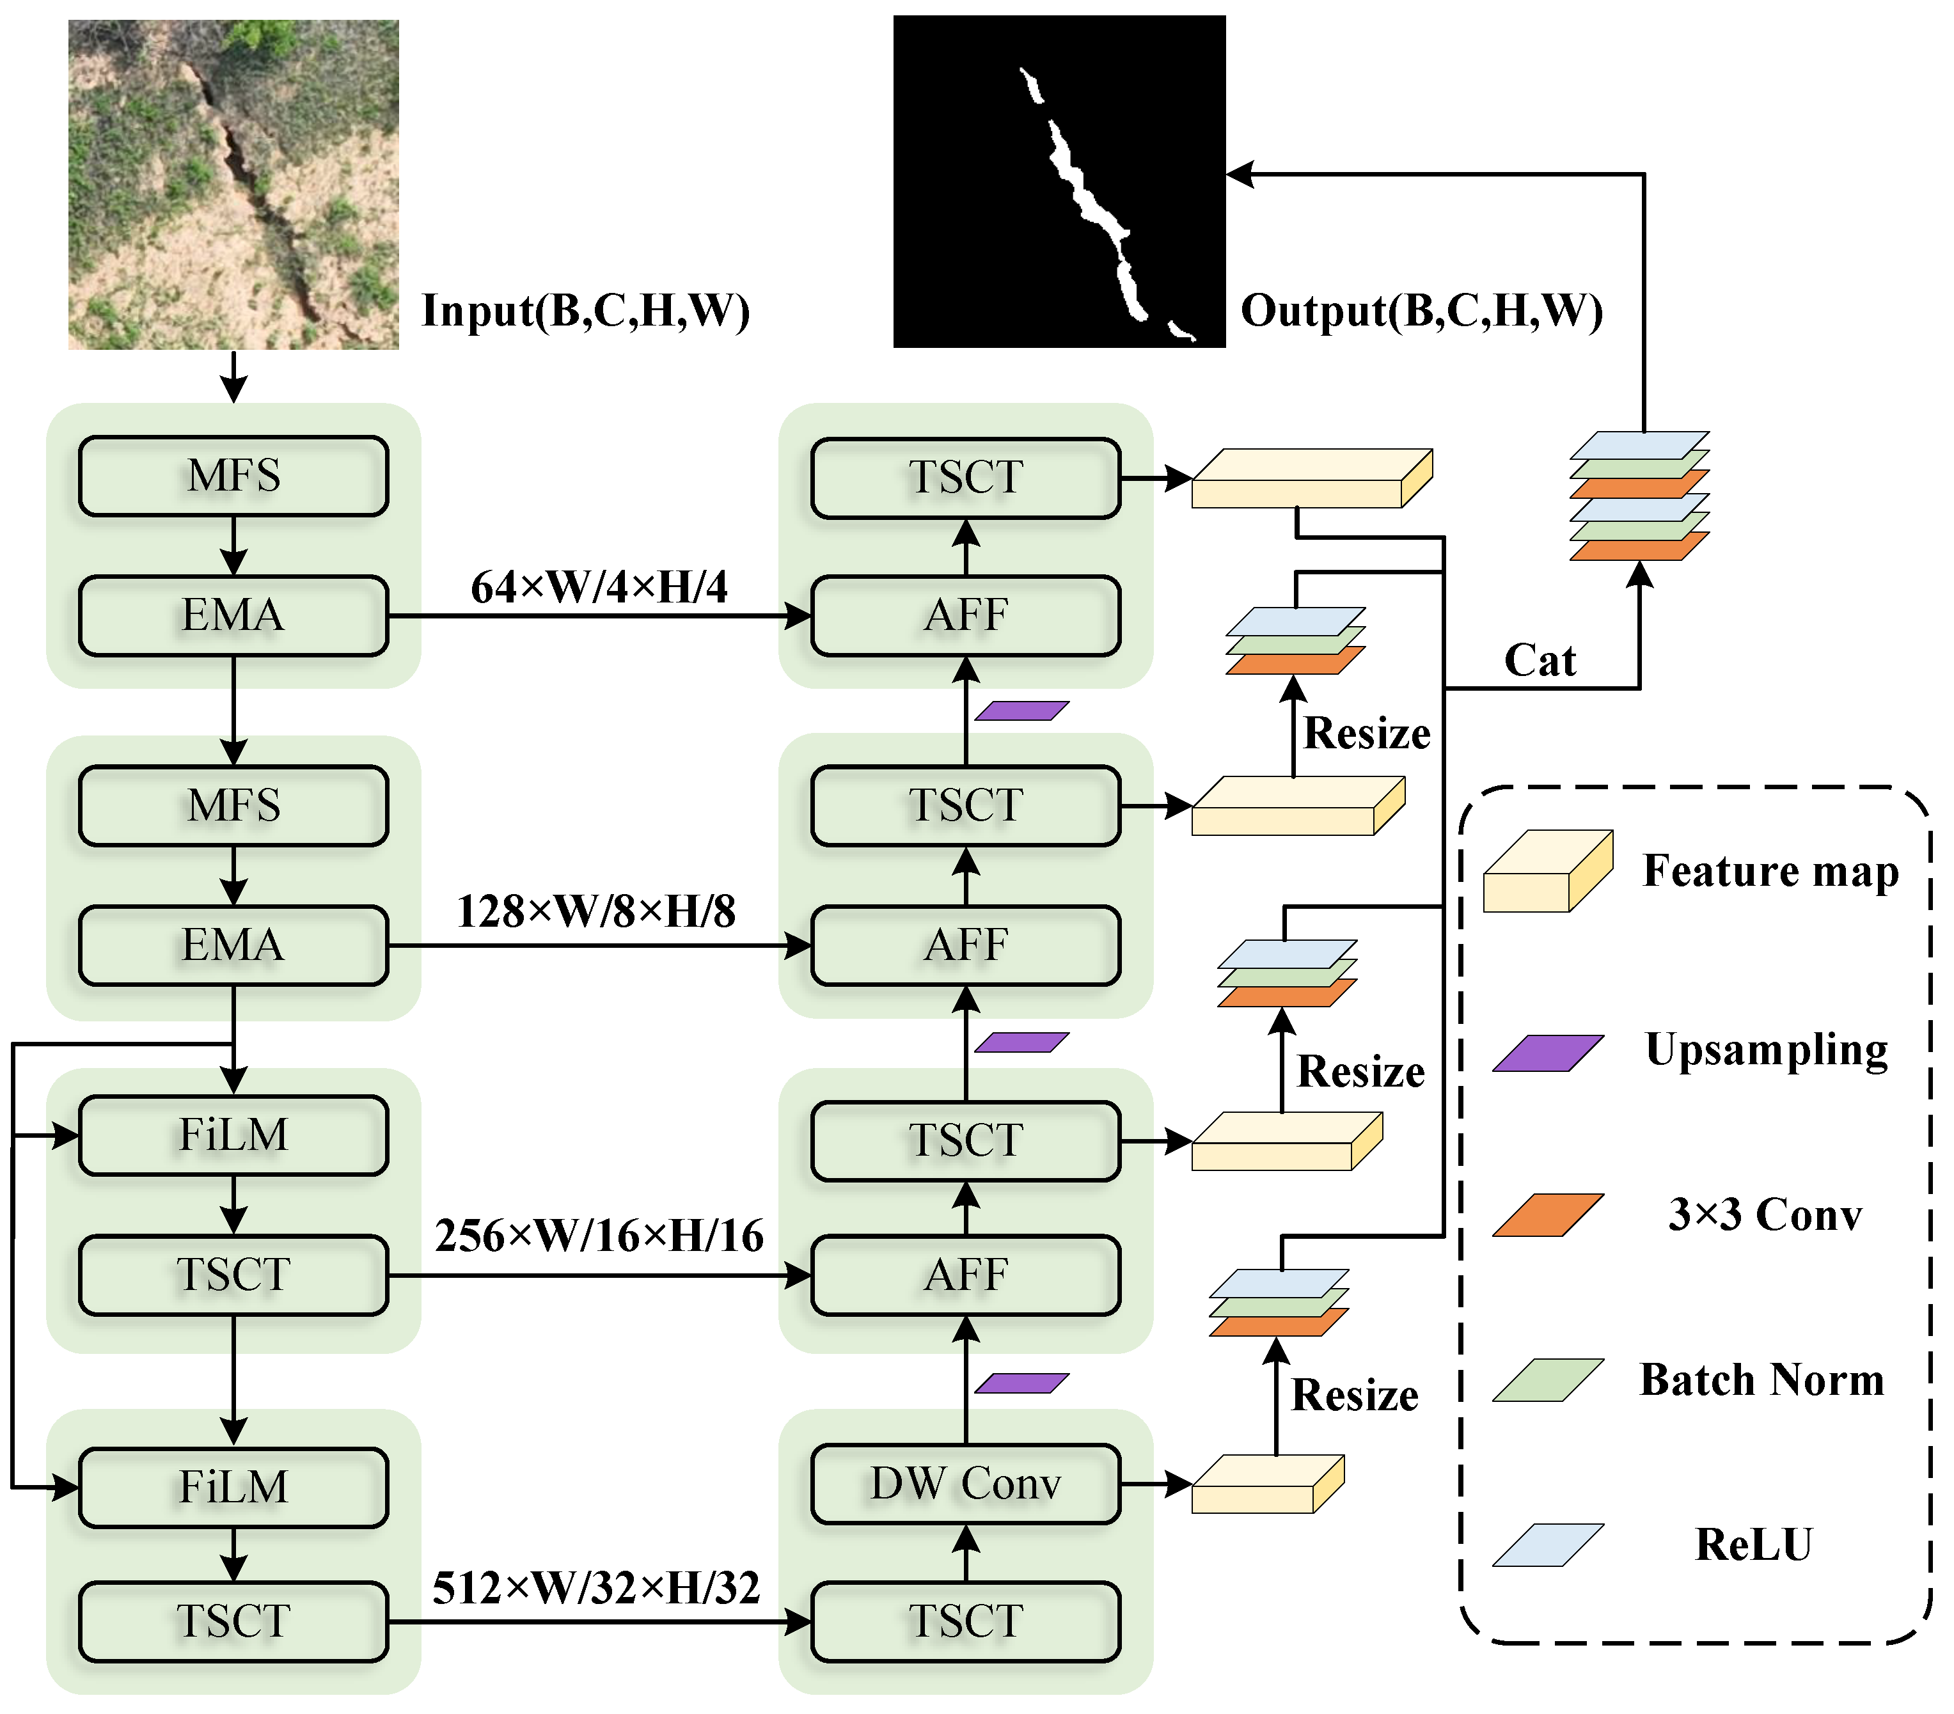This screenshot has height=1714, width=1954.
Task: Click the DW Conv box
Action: pos(966,1484)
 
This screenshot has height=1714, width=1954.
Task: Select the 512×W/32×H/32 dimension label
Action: pos(597,1588)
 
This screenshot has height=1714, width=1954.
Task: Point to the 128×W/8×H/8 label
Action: pos(597,911)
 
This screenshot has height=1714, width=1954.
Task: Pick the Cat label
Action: pos(1540,659)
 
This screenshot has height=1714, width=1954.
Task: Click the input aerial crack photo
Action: pos(233,184)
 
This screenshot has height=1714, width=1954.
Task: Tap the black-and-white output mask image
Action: pos(1059,182)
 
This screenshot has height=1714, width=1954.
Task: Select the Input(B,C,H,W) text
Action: pos(586,311)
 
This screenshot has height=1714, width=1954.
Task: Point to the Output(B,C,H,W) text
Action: pos(1421,311)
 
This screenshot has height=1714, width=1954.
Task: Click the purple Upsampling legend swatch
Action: pos(1548,1053)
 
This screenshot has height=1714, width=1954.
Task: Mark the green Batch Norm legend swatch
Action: pos(1548,1380)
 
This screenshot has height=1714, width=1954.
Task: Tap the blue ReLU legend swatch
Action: pos(1548,1545)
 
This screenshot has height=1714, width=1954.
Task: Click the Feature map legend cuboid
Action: pos(1548,871)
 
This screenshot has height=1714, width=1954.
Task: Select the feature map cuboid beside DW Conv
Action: pos(1268,1484)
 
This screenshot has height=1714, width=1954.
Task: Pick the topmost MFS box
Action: pos(233,476)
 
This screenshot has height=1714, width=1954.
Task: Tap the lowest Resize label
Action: pos(1355,1395)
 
